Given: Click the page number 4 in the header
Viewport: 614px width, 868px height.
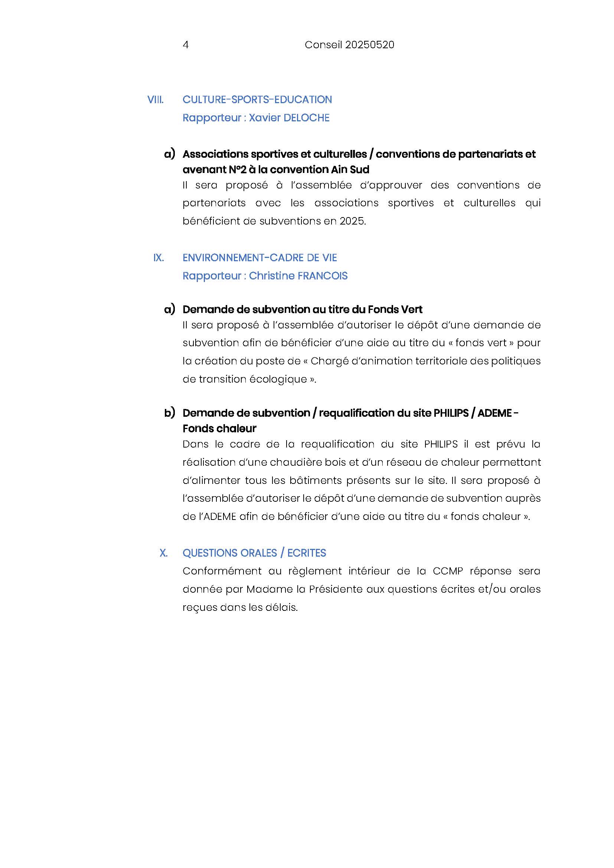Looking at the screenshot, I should coord(186,45).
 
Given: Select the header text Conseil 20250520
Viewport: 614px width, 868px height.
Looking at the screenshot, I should coord(349,45).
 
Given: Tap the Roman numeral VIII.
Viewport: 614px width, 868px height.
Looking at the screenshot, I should coord(156,100).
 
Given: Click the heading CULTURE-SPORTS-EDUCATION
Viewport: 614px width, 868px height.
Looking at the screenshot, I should coord(257,100).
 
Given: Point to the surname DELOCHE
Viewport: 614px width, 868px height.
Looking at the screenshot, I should coord(306,118).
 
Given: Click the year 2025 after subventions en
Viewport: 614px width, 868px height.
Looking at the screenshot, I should coord(352,221).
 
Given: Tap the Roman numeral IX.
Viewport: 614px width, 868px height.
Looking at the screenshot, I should coord(159,258).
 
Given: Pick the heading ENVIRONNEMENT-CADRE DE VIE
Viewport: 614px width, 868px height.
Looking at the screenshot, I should coord(260,258).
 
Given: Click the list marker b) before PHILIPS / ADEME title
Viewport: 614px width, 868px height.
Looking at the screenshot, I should coord(169,413).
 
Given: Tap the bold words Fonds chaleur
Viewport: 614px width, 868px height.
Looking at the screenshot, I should coord(219,429).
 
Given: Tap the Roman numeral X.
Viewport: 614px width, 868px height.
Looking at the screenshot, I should coord(163,553).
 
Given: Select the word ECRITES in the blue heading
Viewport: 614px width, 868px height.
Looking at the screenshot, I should coord(307,553).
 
